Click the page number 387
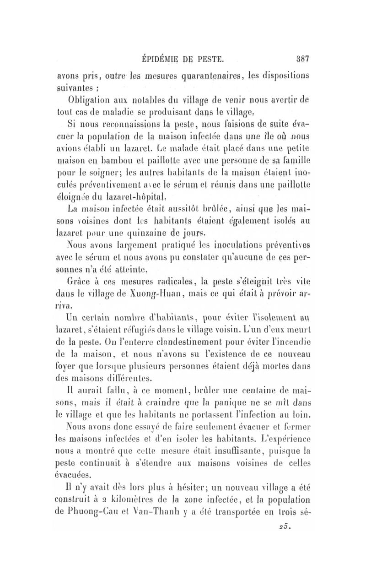tap(303, 59)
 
